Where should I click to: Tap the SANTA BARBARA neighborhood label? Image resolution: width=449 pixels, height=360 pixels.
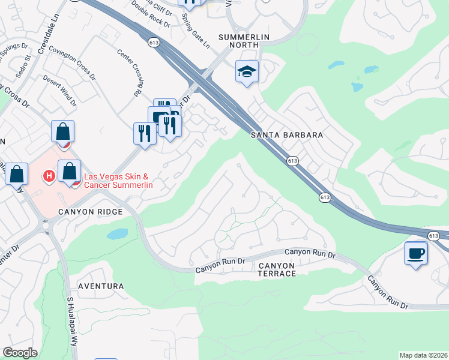pos(287,136)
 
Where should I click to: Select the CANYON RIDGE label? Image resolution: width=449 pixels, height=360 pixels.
pos(90,212)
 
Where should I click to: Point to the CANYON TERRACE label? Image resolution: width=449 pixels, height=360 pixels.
pos(277,269)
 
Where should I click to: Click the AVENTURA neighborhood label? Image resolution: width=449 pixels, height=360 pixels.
pos(100,287)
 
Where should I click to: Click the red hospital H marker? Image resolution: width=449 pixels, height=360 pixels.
pos(49,176)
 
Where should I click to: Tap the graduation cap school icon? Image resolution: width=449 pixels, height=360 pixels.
pos(247,73)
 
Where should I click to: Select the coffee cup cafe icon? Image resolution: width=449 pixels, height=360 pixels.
pos(415,252)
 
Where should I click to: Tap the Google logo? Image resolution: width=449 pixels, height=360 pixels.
pos(20,352)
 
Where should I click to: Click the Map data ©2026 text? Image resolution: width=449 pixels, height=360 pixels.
pos(423,355)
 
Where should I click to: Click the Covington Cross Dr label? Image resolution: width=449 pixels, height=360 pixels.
pos(73,64)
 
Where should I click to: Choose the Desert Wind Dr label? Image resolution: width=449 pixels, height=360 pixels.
pos(60,91)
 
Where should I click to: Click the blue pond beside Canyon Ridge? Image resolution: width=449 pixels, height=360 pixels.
pos(118,233)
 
